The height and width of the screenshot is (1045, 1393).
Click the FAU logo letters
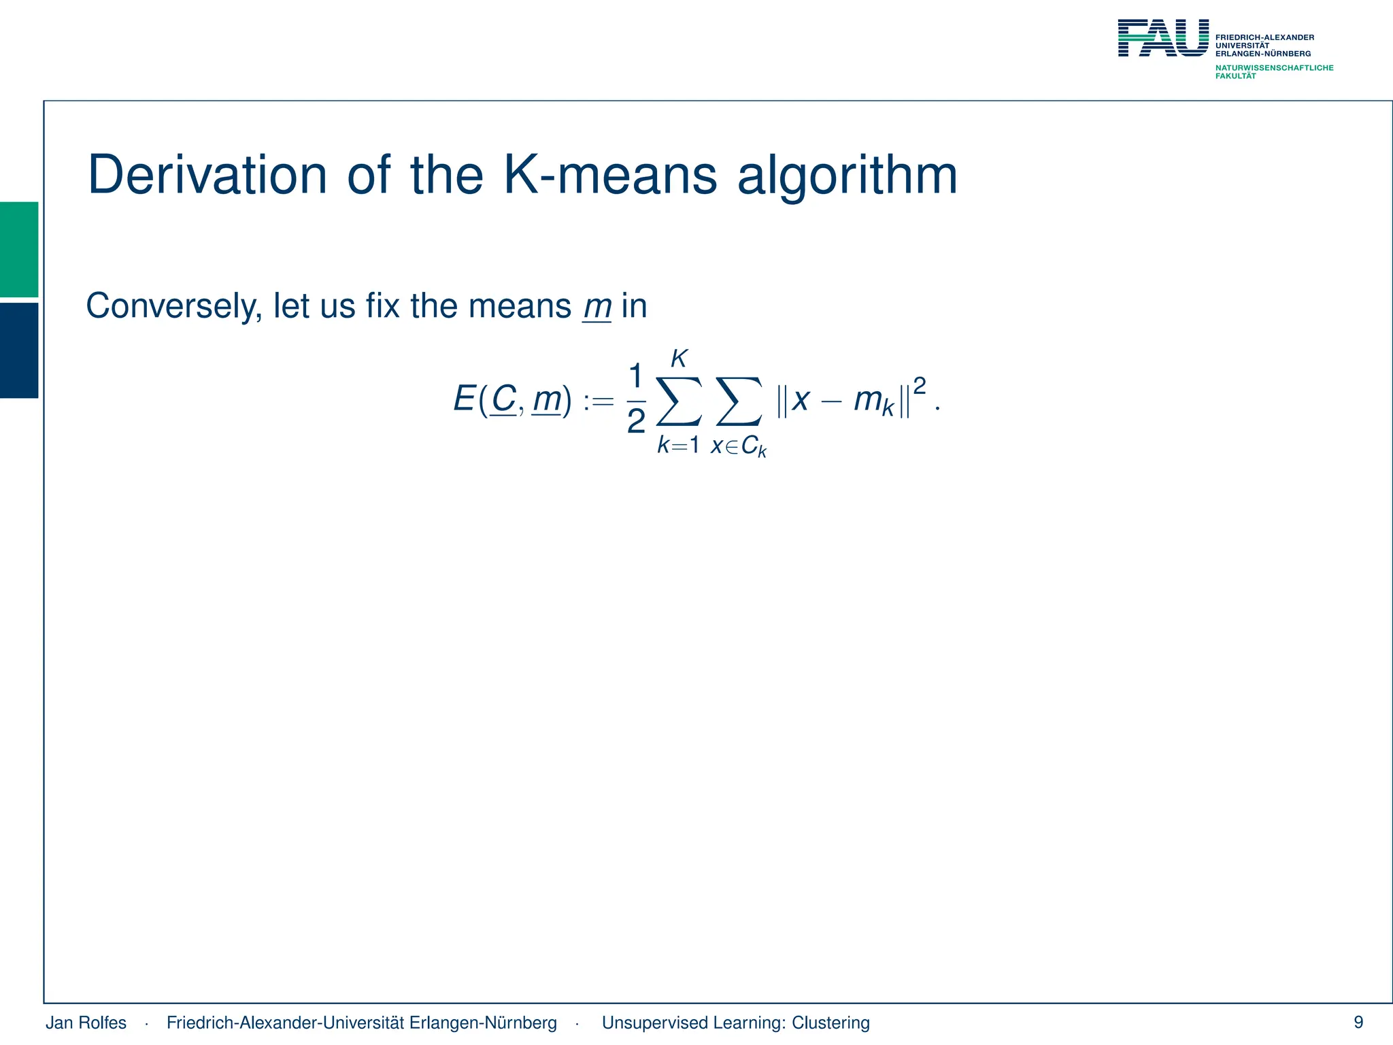tap(1163, 38)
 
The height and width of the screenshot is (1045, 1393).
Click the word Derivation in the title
tap(207, 176)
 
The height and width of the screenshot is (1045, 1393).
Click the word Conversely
tap(174, 306)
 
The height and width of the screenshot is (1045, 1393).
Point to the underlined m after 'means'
tap(597, 307)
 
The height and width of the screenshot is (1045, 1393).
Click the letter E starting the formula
tap(464, 399)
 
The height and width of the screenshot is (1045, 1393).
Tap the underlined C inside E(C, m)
tap(503, 399)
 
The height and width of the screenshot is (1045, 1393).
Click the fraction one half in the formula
tap(635, 399)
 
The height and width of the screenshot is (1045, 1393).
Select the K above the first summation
tap(679, 359)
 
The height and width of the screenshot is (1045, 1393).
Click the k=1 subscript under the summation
tap(678, 446)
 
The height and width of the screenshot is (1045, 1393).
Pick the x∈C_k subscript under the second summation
tap(739, 447)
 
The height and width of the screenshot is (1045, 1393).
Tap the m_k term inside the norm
tap(873, 400)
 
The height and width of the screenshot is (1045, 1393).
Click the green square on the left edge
tap(19, 249)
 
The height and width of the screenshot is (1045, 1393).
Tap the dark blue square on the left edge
tap(19, 350)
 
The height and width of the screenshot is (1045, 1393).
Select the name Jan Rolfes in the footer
tap(86, 1023)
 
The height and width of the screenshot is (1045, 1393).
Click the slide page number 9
tap(1358, 1022)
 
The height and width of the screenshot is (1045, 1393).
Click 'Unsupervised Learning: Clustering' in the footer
tap(735, 1023)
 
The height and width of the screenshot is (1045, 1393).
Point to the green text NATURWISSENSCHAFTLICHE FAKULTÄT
tap(1274, 71)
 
